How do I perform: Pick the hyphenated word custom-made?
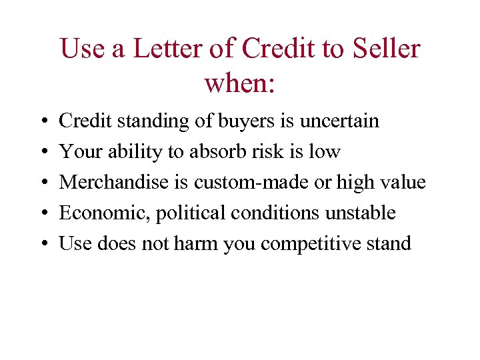251,183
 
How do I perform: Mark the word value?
403,183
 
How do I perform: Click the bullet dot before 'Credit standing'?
41,123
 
